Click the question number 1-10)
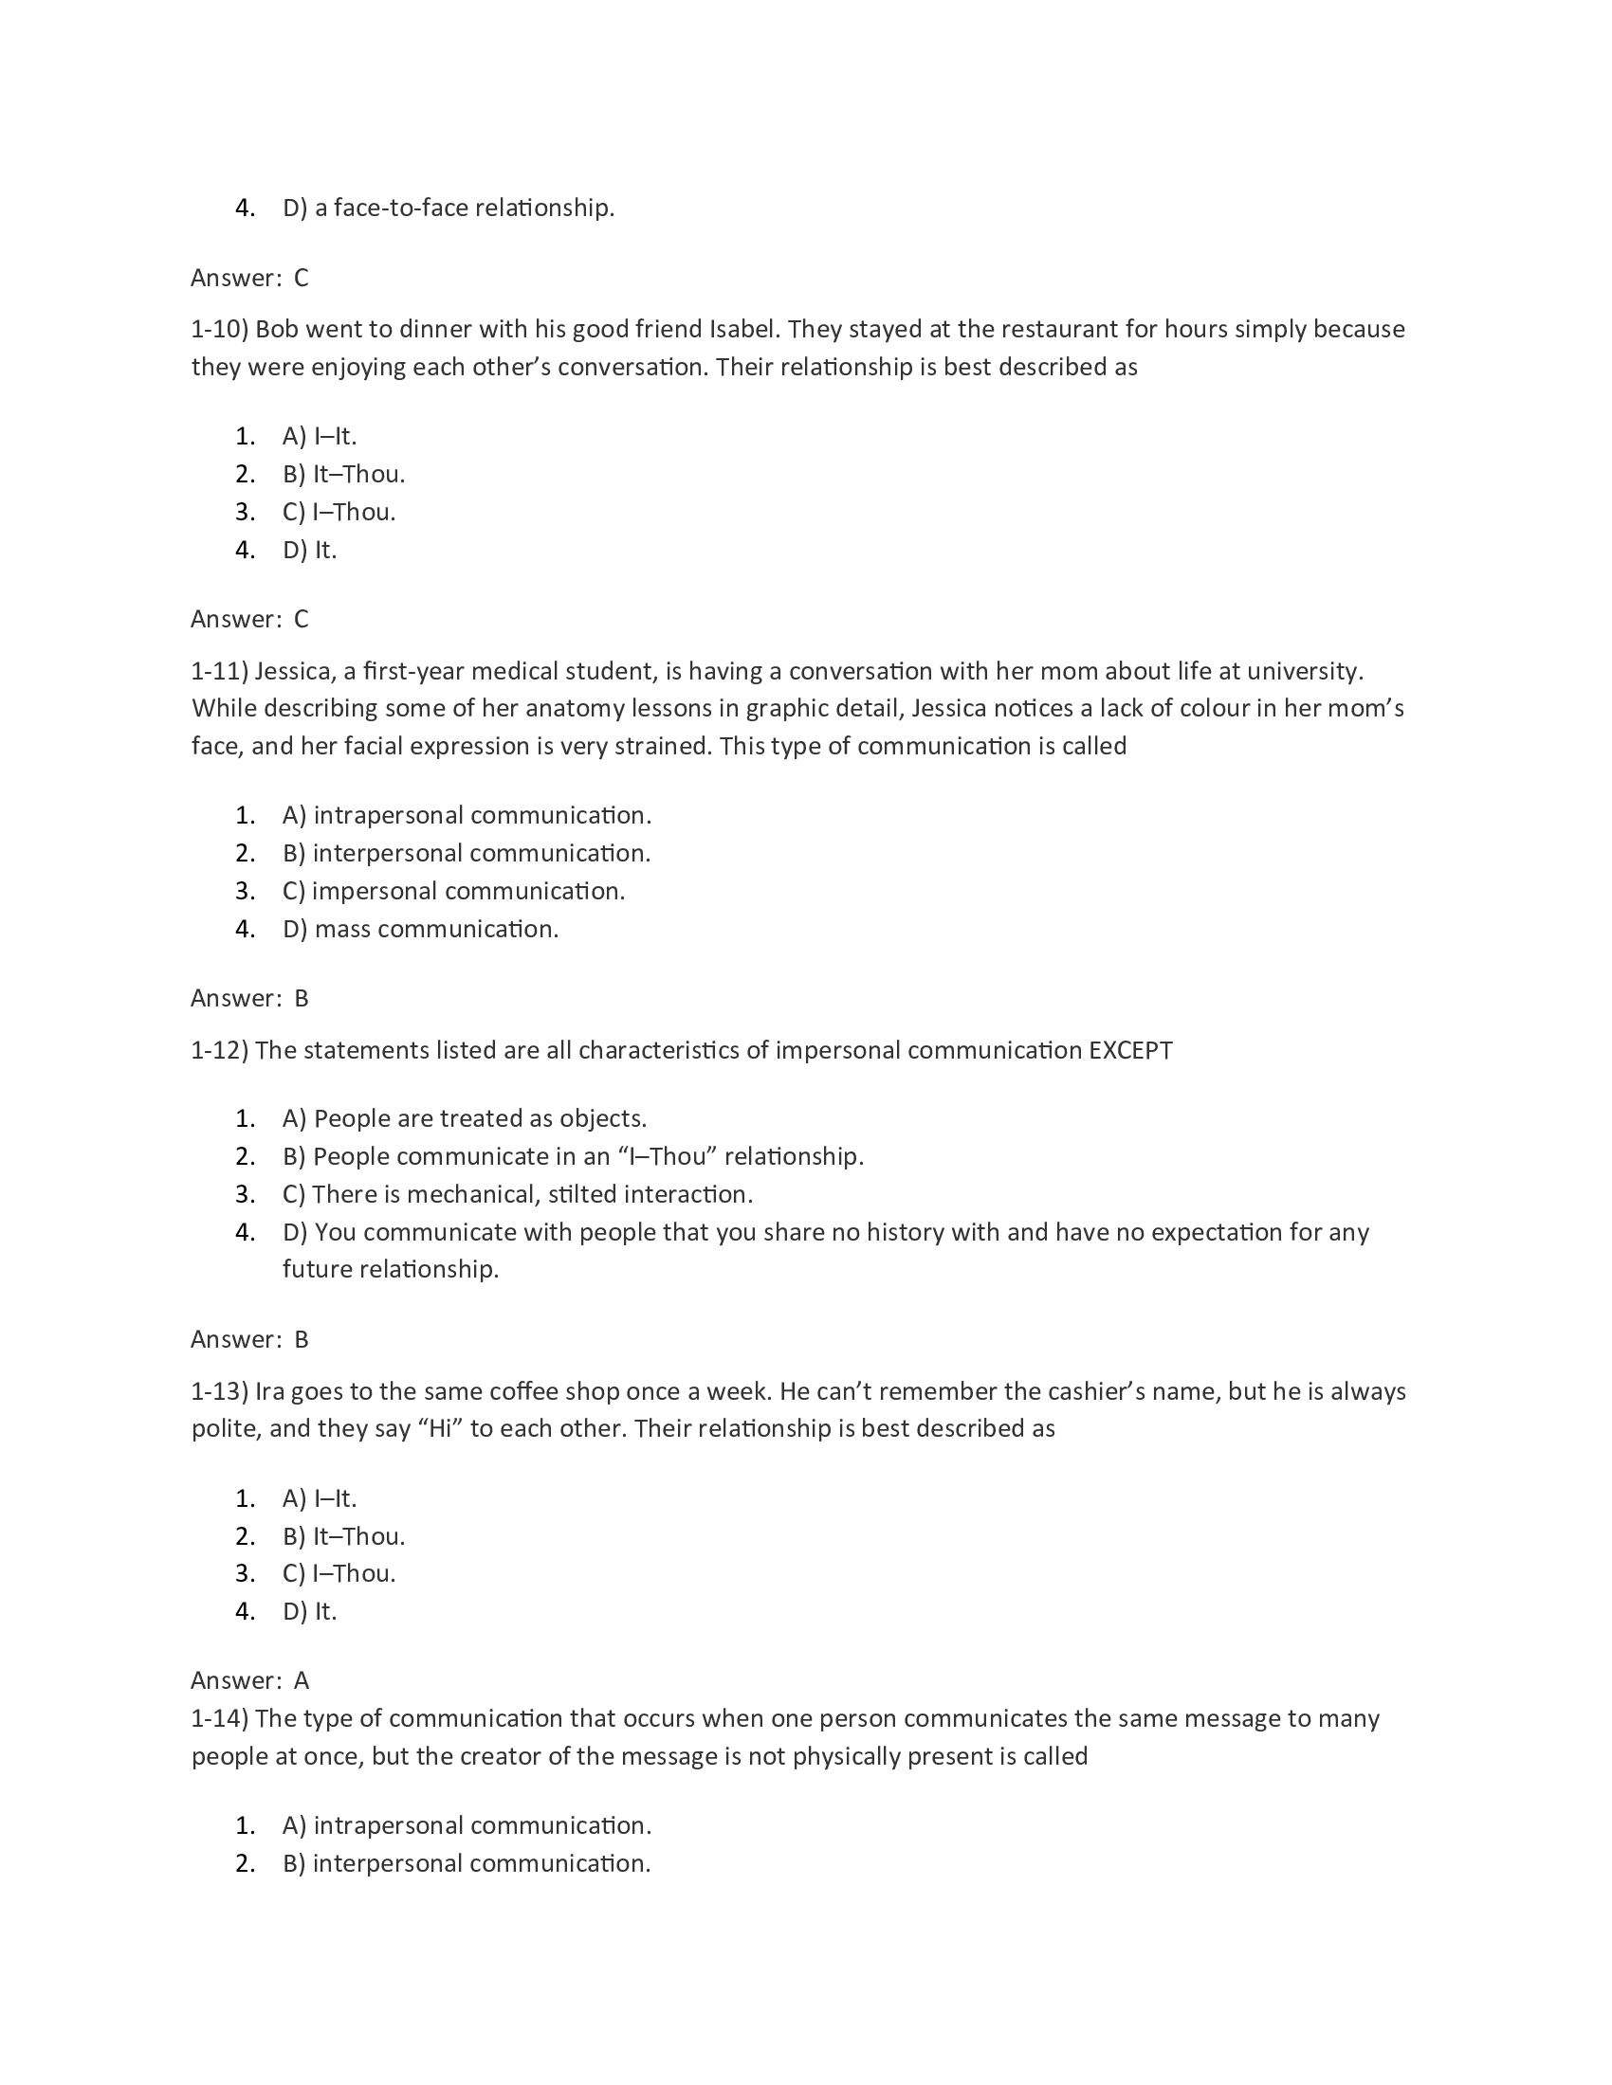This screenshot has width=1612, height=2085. pos(220,330)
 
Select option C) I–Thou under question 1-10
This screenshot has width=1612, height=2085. pos(339,513)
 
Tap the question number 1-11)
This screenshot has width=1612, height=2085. pos(220,671)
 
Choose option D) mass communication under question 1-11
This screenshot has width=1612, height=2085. pos(420,929)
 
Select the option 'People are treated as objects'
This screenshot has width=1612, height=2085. pos(465,1119)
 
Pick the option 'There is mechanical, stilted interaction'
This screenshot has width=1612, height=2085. pos(518,1194)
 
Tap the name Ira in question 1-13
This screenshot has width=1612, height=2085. pos(269,1391)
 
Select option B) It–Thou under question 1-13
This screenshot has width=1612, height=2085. pos(344,1536)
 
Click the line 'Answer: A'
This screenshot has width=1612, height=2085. pos(250,1680)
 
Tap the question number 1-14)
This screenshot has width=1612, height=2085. pos(220,1718)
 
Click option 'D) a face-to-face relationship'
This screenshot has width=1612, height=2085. pos(449,208)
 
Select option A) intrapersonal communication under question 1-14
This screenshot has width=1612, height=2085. pos(467,1825)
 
